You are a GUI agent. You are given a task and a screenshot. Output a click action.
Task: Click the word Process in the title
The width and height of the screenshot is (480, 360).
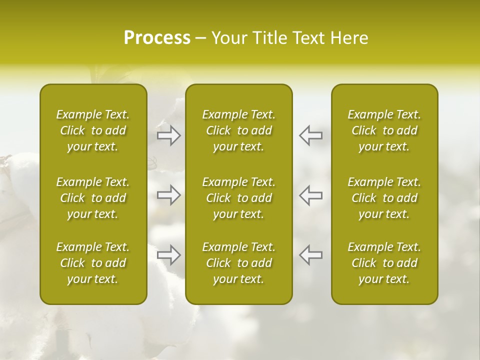pos(157,38)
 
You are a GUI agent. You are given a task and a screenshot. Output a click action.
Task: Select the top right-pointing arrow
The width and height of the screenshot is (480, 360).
pos(169,135)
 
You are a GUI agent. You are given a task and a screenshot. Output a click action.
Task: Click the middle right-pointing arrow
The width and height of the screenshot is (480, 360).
pos(169,195)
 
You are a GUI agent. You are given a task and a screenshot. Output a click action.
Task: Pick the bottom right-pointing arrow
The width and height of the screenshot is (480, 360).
pos(169,254)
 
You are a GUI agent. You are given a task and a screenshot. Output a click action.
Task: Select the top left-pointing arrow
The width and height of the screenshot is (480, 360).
pos(310,135)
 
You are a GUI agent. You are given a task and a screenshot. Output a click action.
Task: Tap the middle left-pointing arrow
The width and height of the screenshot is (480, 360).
pos(310,195)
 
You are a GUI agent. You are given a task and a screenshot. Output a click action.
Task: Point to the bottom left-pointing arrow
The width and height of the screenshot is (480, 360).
pos(310,254)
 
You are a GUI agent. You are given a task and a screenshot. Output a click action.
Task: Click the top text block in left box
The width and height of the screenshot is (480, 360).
pos(93,130)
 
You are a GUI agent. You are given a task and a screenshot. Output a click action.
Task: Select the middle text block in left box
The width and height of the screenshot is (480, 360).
pos(93,198)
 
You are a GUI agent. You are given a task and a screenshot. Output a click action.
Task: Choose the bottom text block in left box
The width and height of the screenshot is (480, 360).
pos(93,263)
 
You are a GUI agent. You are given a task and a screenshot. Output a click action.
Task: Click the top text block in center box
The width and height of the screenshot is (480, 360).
pos(238,130)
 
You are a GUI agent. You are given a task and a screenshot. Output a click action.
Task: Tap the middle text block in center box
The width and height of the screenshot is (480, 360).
pos(238,198)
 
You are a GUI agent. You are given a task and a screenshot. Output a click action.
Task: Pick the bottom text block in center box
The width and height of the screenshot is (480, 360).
pos(238,263)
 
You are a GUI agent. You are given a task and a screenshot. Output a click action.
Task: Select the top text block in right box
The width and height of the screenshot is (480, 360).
pos(384,130)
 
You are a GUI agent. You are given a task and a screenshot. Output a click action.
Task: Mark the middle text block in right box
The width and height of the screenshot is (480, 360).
pos(384,198)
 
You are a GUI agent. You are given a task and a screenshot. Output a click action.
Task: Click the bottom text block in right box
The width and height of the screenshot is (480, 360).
pos(384,263)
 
